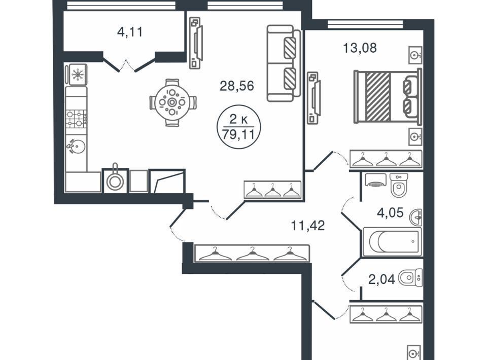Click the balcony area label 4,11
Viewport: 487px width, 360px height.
[130, 31]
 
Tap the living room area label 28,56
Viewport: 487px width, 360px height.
[237, 86]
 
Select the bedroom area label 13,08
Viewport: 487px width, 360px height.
[360, 48]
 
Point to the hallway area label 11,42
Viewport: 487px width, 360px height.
[308, 225]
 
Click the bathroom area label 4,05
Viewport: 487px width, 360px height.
[390, 213]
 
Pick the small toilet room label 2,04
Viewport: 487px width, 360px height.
[381, 279]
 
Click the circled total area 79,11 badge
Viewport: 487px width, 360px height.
[238, 127]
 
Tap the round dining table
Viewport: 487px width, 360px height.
[172, 102]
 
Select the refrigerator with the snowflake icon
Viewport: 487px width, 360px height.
[77, 74]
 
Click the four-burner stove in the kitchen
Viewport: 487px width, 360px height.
[76, 119]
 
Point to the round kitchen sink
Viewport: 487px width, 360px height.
[76, 146]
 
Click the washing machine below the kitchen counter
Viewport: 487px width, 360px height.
[115, 181]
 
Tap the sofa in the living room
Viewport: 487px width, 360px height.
[284, 63]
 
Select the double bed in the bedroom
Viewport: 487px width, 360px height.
[388, 96]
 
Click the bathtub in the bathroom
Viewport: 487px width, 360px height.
[393, 242]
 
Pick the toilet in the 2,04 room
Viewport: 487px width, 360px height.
[410, 278]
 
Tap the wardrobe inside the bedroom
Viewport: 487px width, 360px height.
[386, 159]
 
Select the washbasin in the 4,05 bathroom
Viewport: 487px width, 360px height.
[415, 217]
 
